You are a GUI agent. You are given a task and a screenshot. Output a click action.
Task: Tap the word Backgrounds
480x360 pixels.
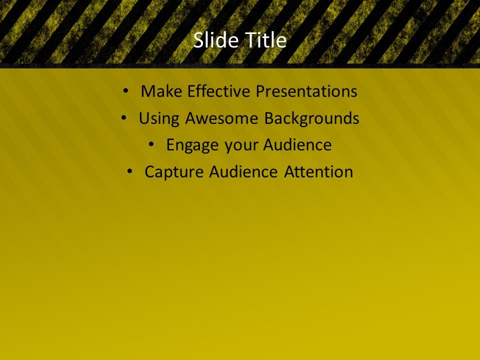pyautogui.click(x=311, y=118)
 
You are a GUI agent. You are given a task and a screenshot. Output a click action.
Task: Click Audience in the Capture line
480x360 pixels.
pyautogui.click(x=244, y=172)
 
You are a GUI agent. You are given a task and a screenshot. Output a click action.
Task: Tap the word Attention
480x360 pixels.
pyautogui.click(x=318, y=172)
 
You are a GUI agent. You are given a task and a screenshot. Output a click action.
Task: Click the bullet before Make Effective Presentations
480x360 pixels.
pyautogui.click(x=125, y=91)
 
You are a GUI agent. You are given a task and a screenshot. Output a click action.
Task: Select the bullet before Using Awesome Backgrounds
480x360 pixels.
pyautogui.click(x=123, y=118)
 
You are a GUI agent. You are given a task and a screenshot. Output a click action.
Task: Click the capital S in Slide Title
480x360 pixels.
pyautogui.click(x=198, y=40)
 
